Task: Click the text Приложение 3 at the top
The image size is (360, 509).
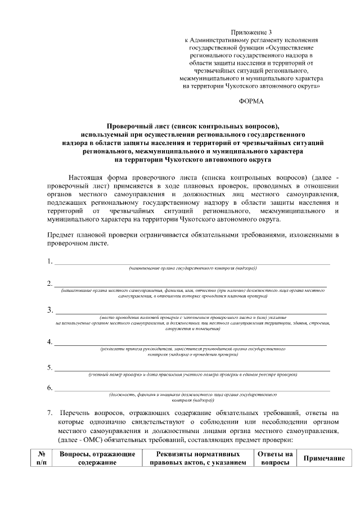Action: coord(251,33)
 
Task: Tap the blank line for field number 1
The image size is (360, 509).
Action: coord(191,262)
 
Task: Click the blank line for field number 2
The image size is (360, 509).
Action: coord(191,285)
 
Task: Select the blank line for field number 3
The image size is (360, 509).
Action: coord(191,312)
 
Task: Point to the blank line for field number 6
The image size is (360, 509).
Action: coord(191,390)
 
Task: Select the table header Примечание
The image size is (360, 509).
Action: coord(324,459)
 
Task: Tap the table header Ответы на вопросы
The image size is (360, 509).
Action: coord(275,458)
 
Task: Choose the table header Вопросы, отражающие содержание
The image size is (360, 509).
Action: coord(97,458)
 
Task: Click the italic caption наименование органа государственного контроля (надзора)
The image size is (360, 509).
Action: coord(193,269)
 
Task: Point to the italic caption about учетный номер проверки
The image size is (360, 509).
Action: coord(193,375)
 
